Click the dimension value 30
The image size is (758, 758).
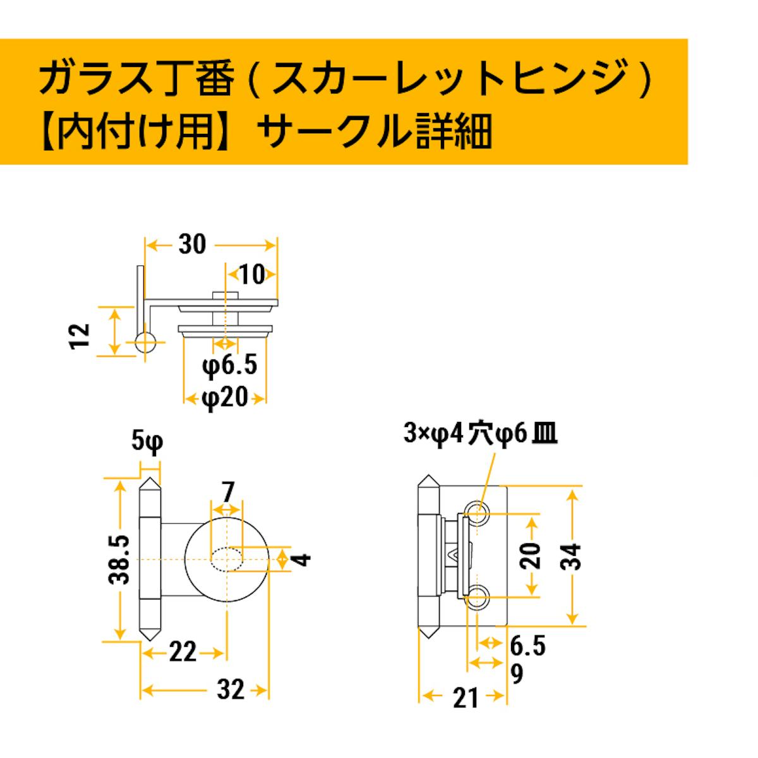point(192,244)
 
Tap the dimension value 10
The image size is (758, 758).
point(252,274)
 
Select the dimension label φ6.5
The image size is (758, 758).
point(230,365)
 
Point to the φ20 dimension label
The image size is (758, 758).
point(225,398)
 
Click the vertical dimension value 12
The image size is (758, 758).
point(80,336)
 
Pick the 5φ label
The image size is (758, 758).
point(147,442)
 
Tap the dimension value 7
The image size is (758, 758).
point(227,491)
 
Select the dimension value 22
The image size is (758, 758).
point(183,653)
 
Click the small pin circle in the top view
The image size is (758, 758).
point(145,342)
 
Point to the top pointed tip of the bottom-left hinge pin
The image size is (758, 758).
point(150,478)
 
